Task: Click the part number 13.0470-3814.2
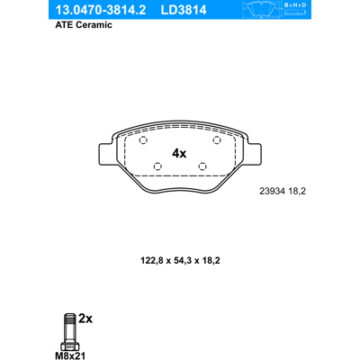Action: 101,10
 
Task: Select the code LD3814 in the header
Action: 184,10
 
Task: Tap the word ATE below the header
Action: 64,25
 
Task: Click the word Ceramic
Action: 94,25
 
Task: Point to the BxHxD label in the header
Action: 295,5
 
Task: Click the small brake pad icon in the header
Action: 261,9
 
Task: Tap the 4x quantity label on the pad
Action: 179,154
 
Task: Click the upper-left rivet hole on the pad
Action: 143,140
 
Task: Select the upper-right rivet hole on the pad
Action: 217,139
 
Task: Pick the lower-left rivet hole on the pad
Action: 157,166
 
